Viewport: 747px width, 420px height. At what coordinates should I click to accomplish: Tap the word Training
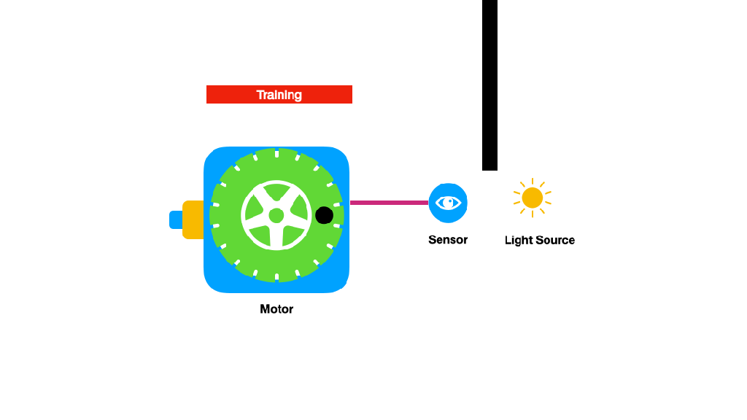tap(279, 95)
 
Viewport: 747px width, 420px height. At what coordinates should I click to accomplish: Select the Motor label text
tap(276, 309)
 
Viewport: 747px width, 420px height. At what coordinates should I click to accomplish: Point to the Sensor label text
tap(448, 240)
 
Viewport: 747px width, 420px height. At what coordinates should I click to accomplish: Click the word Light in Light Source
tap(519, 241)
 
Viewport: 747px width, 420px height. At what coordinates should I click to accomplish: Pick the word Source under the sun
tap(556, 241)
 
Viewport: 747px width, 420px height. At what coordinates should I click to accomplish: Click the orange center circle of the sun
tap(533, 198)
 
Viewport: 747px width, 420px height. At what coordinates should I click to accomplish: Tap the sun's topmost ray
tap(533, 182)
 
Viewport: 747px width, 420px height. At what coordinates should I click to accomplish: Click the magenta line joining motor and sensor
tap(388, 203)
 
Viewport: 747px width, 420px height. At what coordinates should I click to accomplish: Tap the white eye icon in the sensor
tap(448, 203)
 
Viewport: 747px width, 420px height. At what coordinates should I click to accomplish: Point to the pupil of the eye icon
tap(449, 202)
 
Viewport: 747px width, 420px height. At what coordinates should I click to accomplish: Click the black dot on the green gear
tap(324, 215)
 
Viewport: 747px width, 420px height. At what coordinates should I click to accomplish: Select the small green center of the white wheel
tap(276, 216)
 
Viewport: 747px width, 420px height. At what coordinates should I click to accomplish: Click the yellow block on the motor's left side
tap(193, 219)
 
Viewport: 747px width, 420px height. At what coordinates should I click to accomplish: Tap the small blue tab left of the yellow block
tap(175, 219)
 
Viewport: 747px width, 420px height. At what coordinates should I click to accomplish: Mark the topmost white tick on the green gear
tap(276, 153)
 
